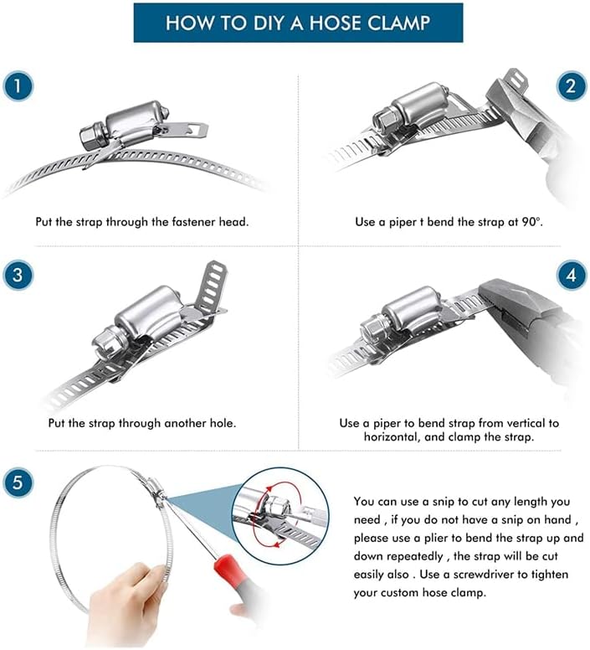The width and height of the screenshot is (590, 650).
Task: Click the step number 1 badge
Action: (x=18, y=86)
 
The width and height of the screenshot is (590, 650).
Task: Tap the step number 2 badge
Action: (x=571, y=86)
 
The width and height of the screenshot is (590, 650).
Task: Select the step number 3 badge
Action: (x=18, y=275)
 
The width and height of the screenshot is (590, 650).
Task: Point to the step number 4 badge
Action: (x=572, y=275)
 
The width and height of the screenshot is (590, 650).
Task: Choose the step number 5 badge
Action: (x=18, y=482)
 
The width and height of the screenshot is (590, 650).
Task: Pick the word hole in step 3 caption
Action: (x=222, y=423)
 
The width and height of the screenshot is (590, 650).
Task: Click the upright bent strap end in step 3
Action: (x=212, y=285)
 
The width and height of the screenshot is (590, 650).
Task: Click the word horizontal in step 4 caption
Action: (x=391, y=436)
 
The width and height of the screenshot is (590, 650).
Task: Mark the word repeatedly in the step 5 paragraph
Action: (x=414, y=556)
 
